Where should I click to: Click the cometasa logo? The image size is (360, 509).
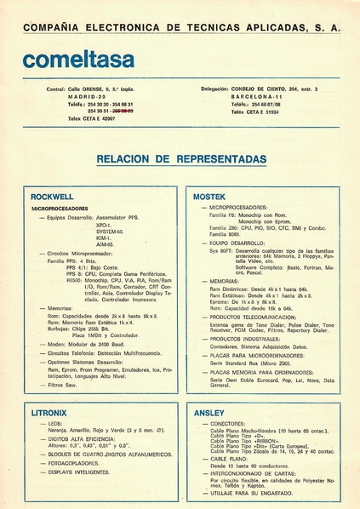[x=79, y=60]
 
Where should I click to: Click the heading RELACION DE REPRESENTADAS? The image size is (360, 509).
[x=181, y=159]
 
